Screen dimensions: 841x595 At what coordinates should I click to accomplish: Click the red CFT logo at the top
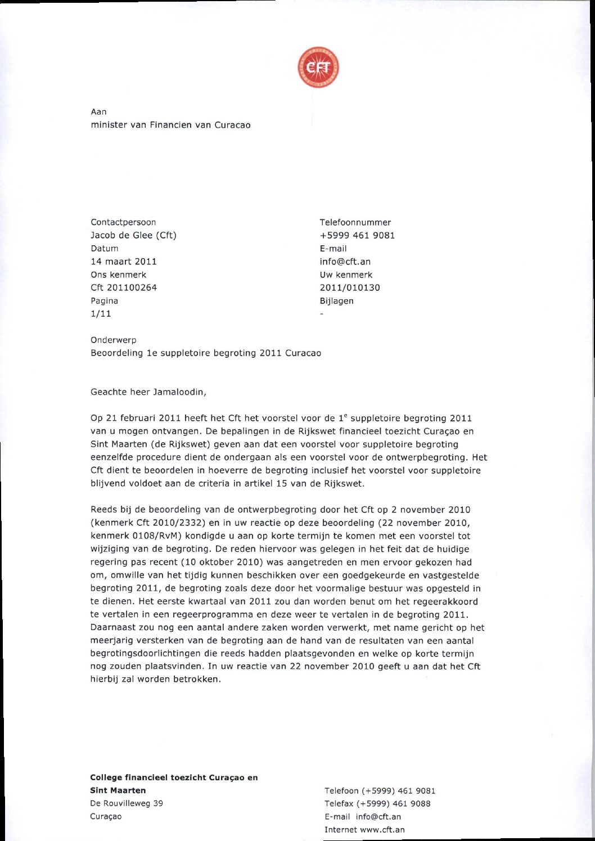(x=318, y=68)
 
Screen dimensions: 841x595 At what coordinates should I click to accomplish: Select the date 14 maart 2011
(x=124, y=262)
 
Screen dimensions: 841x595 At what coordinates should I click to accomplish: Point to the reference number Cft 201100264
(x=124, y=287)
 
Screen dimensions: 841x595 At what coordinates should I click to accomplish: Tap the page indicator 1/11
(x=101, y=314)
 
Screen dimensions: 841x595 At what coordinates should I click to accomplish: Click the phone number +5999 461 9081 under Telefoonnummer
(x=357, y=235)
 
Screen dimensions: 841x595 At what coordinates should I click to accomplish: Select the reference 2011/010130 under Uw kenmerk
(x=350, y=287)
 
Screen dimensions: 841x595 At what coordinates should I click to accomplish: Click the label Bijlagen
(x=336, y=301)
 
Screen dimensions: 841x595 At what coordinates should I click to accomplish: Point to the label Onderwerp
(x=114, y=340)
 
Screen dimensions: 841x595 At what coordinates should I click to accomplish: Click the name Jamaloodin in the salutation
(x=178, y=392)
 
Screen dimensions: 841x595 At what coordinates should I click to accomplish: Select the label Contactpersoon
(x=123, y=222)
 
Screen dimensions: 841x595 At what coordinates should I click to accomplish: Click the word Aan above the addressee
(x=98, y=112)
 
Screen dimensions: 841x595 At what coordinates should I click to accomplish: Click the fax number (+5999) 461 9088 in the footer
(x=394, y=804)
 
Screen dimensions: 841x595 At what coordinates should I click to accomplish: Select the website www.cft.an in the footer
(x=382, y=830)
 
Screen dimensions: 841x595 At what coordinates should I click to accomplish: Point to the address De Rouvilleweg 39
(x=127, y=803)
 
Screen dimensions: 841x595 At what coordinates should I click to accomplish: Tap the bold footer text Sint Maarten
(x=118, y=790)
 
